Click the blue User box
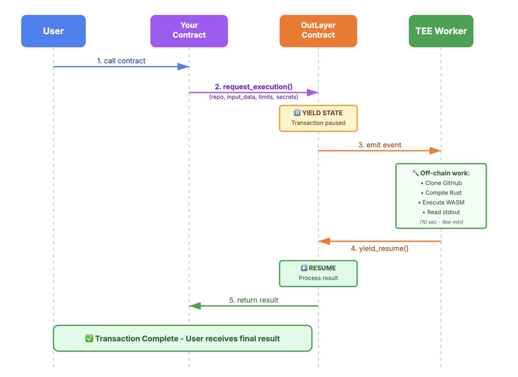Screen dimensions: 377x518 (54, 31)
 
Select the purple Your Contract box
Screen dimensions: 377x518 (189, 31)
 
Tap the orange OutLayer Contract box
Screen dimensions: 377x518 (318, 31)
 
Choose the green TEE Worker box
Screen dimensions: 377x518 (441, 31)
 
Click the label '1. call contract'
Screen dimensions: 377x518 (121, 61)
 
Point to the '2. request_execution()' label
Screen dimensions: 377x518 (254, 87)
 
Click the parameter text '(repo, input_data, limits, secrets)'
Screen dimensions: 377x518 (254, 97)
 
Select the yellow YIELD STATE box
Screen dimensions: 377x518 (318, 118)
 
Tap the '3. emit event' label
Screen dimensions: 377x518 (379, 145)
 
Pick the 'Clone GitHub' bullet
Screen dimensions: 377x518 (441, 183)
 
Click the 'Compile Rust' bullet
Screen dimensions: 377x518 (441, 193)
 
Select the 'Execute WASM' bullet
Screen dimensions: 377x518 (441, 203)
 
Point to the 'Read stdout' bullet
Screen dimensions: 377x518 (441, 212)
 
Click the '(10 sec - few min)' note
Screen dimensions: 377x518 (441, 222)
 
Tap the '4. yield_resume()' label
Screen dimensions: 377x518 (379, 248)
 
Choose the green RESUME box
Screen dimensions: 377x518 (318, 273)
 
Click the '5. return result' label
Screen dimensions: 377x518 (254, 300)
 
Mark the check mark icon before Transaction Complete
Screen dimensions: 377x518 (89, 339)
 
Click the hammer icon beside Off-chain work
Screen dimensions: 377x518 (415, 173)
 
